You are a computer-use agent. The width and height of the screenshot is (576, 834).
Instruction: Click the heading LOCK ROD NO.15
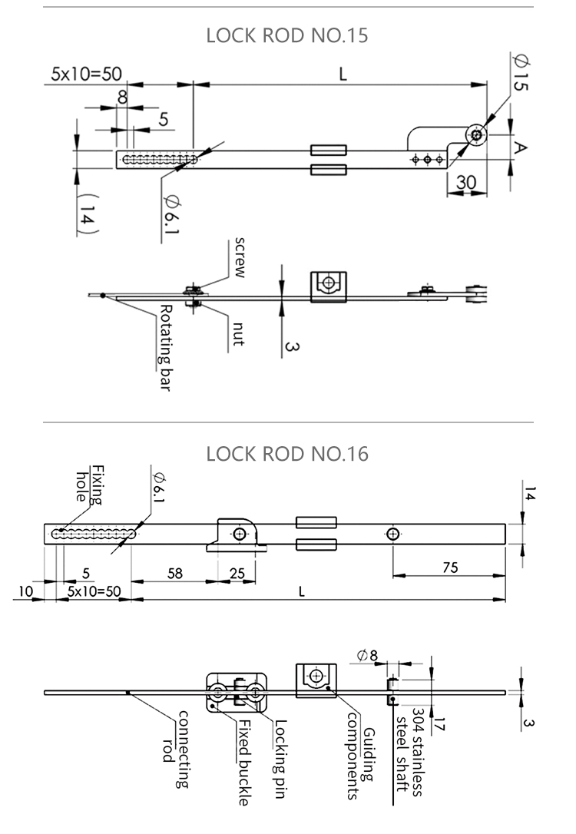[288, 35]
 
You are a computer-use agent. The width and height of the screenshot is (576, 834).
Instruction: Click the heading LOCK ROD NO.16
[288, 454]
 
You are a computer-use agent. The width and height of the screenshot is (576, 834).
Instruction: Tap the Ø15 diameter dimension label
[518, 74]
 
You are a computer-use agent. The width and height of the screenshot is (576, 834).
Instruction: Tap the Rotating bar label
[164, 347]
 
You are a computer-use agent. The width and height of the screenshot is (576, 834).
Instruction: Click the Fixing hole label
[89, 484]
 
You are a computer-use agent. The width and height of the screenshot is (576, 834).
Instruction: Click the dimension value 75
[450, 568]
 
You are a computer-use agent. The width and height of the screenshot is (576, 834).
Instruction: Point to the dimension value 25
[238, 573]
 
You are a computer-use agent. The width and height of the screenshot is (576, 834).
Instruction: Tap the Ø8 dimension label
[367, 654]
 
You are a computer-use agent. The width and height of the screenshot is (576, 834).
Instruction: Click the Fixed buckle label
[243, 763]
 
